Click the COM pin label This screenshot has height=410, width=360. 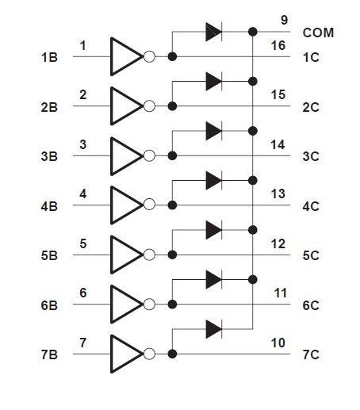coord(318,33)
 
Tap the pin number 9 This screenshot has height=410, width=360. coord(284,20)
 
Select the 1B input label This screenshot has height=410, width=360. coord(49,57)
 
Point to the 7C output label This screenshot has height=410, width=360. coord(311,354)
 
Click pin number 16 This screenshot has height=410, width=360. coord(278,45)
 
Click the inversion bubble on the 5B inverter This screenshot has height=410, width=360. coord(149,255)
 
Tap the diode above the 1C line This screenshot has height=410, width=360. coord(214,32)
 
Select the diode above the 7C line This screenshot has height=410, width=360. coord(214,329)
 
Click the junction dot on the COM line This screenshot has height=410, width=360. coord(253,32)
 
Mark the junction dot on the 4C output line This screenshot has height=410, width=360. coord(172,205)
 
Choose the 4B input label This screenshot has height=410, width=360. coord(49,206)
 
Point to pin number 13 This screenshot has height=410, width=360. coord(278,194)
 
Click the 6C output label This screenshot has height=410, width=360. coord(311,305)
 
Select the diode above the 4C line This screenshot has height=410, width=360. coord(214,181)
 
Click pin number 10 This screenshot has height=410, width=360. coord(278,343)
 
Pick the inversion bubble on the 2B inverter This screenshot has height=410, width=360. coord(149,106)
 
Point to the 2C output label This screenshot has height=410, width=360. coord(311,107)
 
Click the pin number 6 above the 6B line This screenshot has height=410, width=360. coord(83,293)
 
